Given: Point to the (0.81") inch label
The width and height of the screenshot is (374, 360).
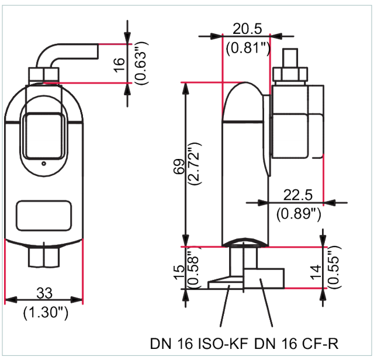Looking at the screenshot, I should (247, 48).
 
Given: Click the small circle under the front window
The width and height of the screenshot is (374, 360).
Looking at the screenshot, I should (43, 164).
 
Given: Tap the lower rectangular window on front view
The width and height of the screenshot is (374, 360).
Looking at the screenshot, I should (44, 215).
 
